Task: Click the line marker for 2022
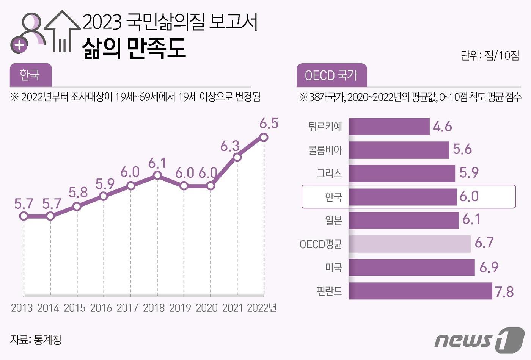[264, 137]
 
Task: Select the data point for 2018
[157, 175]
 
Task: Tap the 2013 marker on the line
[24, 216]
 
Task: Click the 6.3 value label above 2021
[230, 146]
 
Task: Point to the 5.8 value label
[78, 193]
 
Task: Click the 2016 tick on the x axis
[101, 308]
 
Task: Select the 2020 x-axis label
[206, 308]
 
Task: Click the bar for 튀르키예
[389, 127]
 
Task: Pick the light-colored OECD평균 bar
[409, 244]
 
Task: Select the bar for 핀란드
[420, 291]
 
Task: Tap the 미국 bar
[412, 268]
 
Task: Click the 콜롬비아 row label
[325, 150]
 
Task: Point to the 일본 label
[333, 220]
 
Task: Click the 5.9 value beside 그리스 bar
[469, 173]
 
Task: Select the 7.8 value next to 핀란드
[504, 292]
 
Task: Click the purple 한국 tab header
[30, 75]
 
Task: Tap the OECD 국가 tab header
[331, 75]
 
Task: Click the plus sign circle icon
[19, 45]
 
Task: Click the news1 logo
[479, 339]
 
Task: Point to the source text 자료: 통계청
[36, 340]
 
